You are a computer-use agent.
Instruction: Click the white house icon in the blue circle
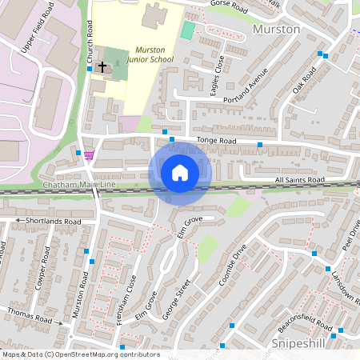click(x=180, y=172)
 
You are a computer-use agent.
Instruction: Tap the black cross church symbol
click(x=102, y=66)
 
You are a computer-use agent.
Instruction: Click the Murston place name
click(x=276, y=29)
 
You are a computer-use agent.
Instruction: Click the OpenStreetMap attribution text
click(x=80, y=354)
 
